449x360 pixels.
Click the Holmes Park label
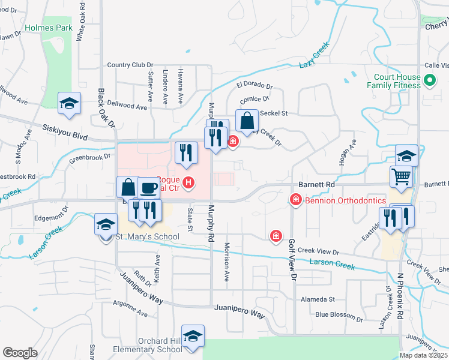(49, 28)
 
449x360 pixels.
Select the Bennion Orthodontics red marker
(295, 199)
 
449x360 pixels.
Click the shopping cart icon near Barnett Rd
(401, 176)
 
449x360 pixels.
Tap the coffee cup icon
(149, 188)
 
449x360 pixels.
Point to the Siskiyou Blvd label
(66, 129)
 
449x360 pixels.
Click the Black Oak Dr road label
(106, 108)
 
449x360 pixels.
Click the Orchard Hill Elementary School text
(152, 345)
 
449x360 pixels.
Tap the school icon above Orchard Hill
(193, 336)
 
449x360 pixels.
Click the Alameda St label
(317, 299)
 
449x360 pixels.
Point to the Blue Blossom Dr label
(339, 314)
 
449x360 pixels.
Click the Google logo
(20, 353)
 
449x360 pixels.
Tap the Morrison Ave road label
(227, 262)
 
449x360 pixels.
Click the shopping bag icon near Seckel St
(247, 121)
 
